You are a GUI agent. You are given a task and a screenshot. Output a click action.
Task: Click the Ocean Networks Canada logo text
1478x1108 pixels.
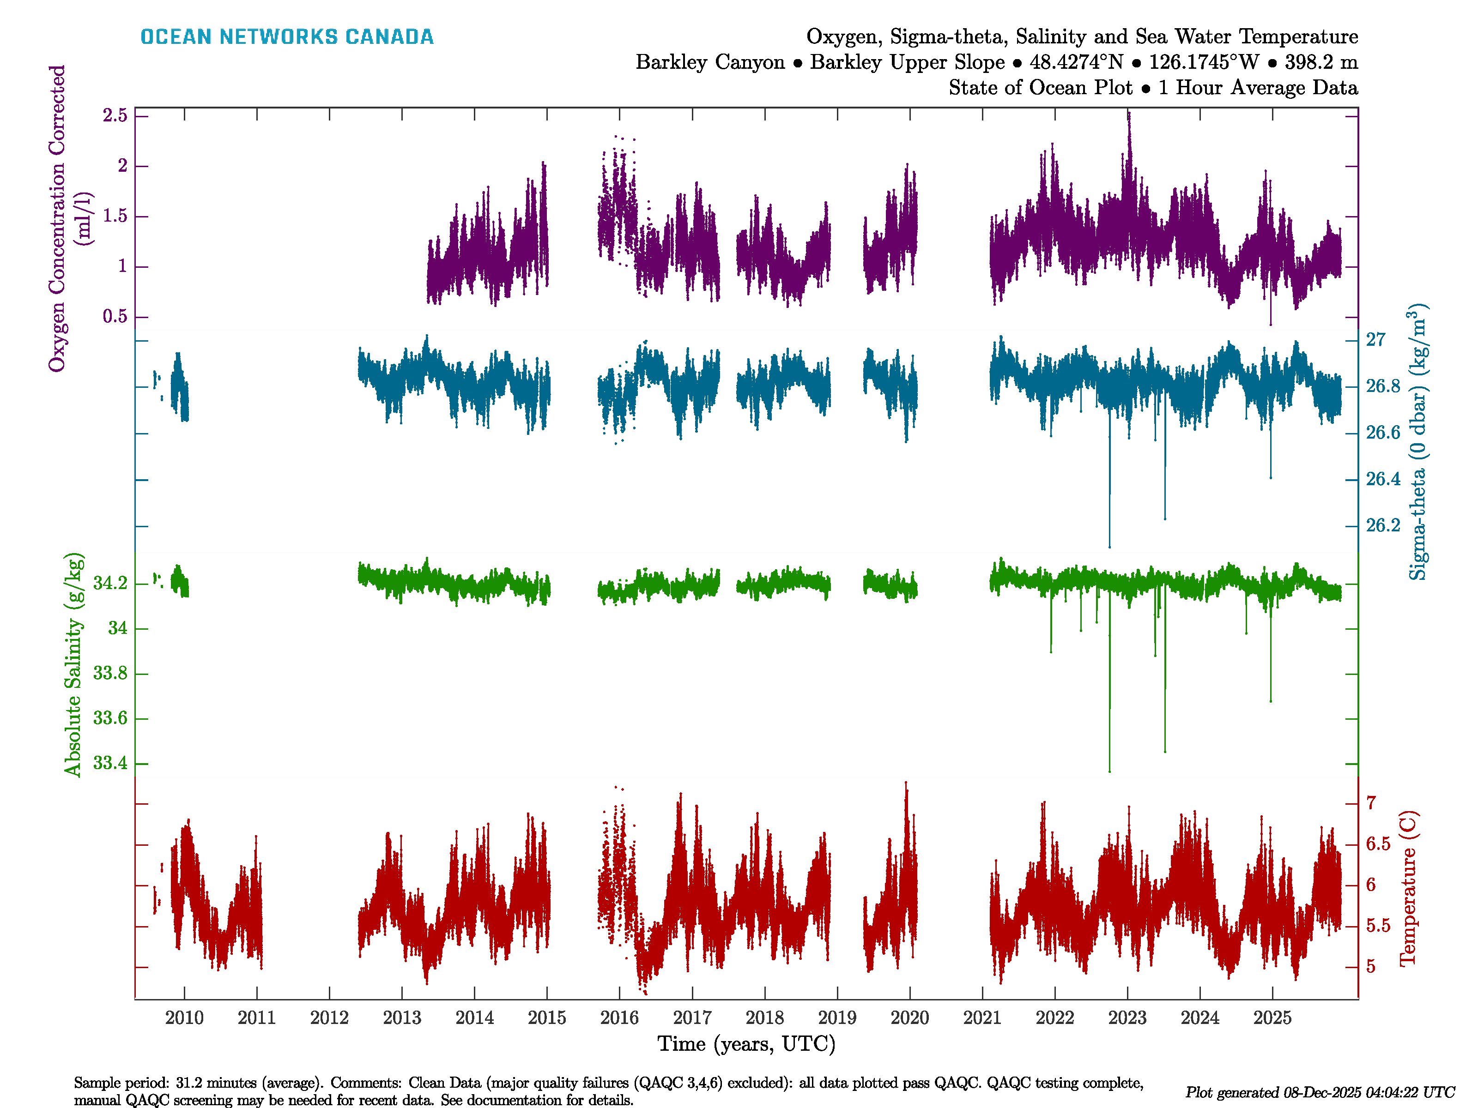(287, 37)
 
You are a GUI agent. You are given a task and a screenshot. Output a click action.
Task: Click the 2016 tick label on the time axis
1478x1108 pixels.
(619, 1018)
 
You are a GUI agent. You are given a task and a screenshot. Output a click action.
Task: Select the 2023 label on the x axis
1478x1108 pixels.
(1127, 1018)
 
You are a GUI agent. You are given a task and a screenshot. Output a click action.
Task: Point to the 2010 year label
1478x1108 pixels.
(184, 1018)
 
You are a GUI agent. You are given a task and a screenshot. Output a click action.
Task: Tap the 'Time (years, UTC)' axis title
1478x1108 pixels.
(746, 1044)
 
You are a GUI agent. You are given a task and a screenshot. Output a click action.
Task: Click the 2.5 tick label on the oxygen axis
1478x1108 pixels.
(115, 115)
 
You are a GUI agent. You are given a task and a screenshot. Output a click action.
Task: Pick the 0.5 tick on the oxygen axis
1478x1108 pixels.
(115, 317)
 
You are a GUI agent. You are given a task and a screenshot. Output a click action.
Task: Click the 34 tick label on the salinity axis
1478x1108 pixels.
(118, 628)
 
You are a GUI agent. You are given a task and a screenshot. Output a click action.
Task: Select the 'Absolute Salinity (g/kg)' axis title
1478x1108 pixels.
(73, 664)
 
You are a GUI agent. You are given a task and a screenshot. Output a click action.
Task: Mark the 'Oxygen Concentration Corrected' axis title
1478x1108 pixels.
(57, 218)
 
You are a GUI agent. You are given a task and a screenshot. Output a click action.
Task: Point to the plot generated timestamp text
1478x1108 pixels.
(1320, 1093)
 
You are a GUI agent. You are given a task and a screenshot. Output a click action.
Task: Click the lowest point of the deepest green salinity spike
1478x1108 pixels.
(1110, 771)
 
